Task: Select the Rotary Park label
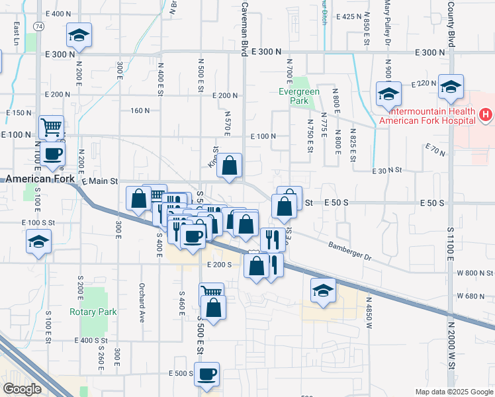(x=93, y=312)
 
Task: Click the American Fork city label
(x=37, y=179)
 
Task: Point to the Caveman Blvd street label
(x=244, y=27)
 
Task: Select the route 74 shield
(x=40, y=26)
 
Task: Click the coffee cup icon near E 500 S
(x=207, y=373)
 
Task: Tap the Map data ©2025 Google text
(x=453, y=392)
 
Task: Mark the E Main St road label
(x=99, y=181)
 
